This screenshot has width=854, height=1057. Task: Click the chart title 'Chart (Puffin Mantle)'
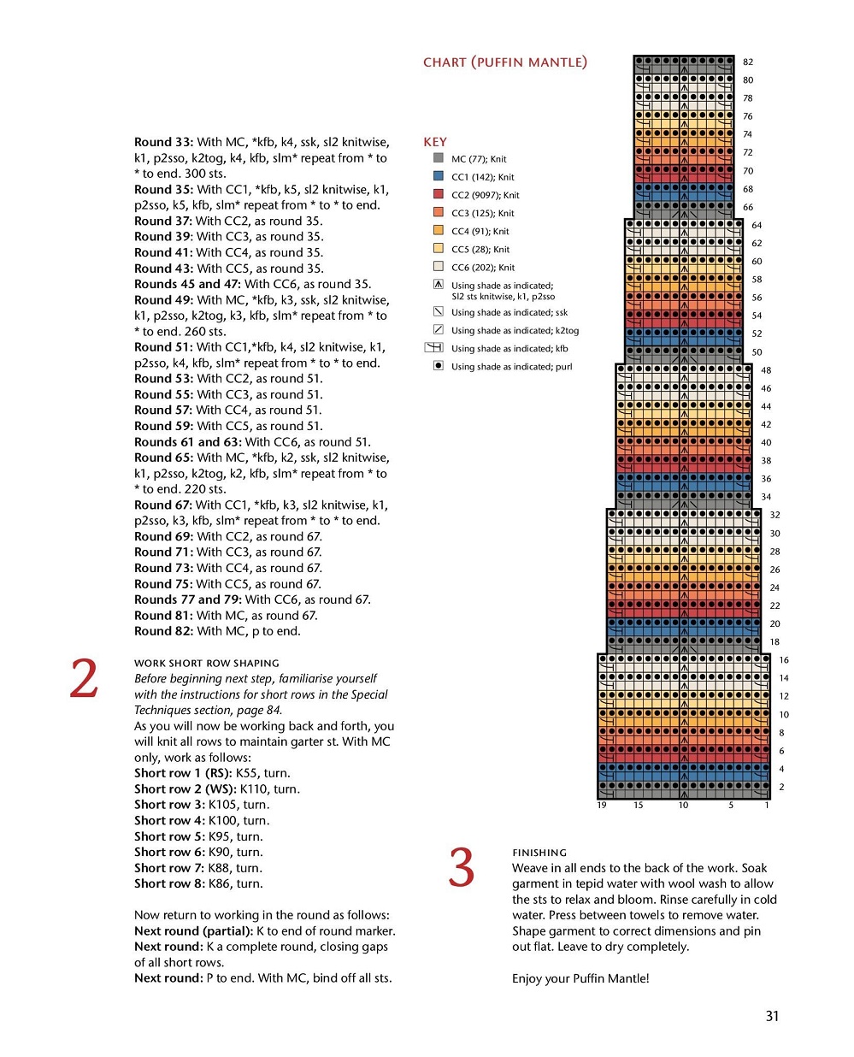[504, 62]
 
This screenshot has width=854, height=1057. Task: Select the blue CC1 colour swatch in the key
[439, 176]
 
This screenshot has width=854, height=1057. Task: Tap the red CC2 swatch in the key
[439, 194]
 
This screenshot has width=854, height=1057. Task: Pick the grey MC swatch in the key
[439, 158]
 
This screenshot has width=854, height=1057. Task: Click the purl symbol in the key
[439, 366]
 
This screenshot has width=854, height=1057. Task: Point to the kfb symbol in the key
[434, 347]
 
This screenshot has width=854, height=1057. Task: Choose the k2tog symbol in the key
[439, 329]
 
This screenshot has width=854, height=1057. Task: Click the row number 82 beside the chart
[748, 62]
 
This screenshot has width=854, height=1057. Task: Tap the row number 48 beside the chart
[766, 370]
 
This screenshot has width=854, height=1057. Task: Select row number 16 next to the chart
[784, 660]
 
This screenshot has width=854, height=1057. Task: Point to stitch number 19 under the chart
[602, 805]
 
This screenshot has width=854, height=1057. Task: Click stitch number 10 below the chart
[683, 805]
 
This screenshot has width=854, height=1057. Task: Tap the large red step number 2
[84, 679]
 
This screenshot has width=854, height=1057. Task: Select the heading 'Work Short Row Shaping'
[207, 663]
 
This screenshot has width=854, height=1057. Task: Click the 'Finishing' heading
[539, 853]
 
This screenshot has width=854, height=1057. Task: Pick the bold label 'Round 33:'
[163, 142]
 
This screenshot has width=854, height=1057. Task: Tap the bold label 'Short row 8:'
[169, 883]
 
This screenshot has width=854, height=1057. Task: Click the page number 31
[772, 1016]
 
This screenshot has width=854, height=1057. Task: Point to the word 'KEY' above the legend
[435, 142]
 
